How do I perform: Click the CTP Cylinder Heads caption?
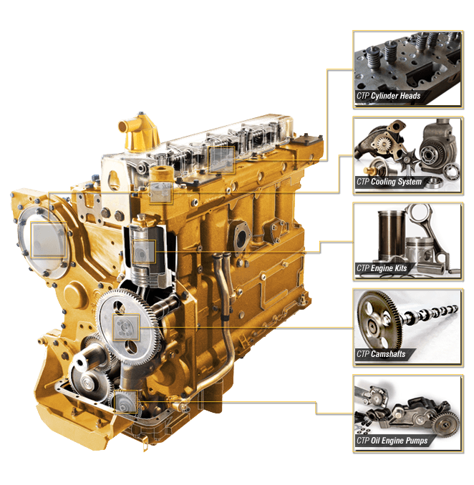point(389,96)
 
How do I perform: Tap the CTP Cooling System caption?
point(390,182)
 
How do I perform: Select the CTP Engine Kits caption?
point(382,268)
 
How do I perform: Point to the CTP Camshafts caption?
point(381,354)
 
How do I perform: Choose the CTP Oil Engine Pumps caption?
point(392,441)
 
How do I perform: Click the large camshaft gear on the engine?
point(127,325)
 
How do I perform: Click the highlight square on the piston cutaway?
point(144,252)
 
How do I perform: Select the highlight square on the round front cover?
point(49,240)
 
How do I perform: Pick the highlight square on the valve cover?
point(222,160)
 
